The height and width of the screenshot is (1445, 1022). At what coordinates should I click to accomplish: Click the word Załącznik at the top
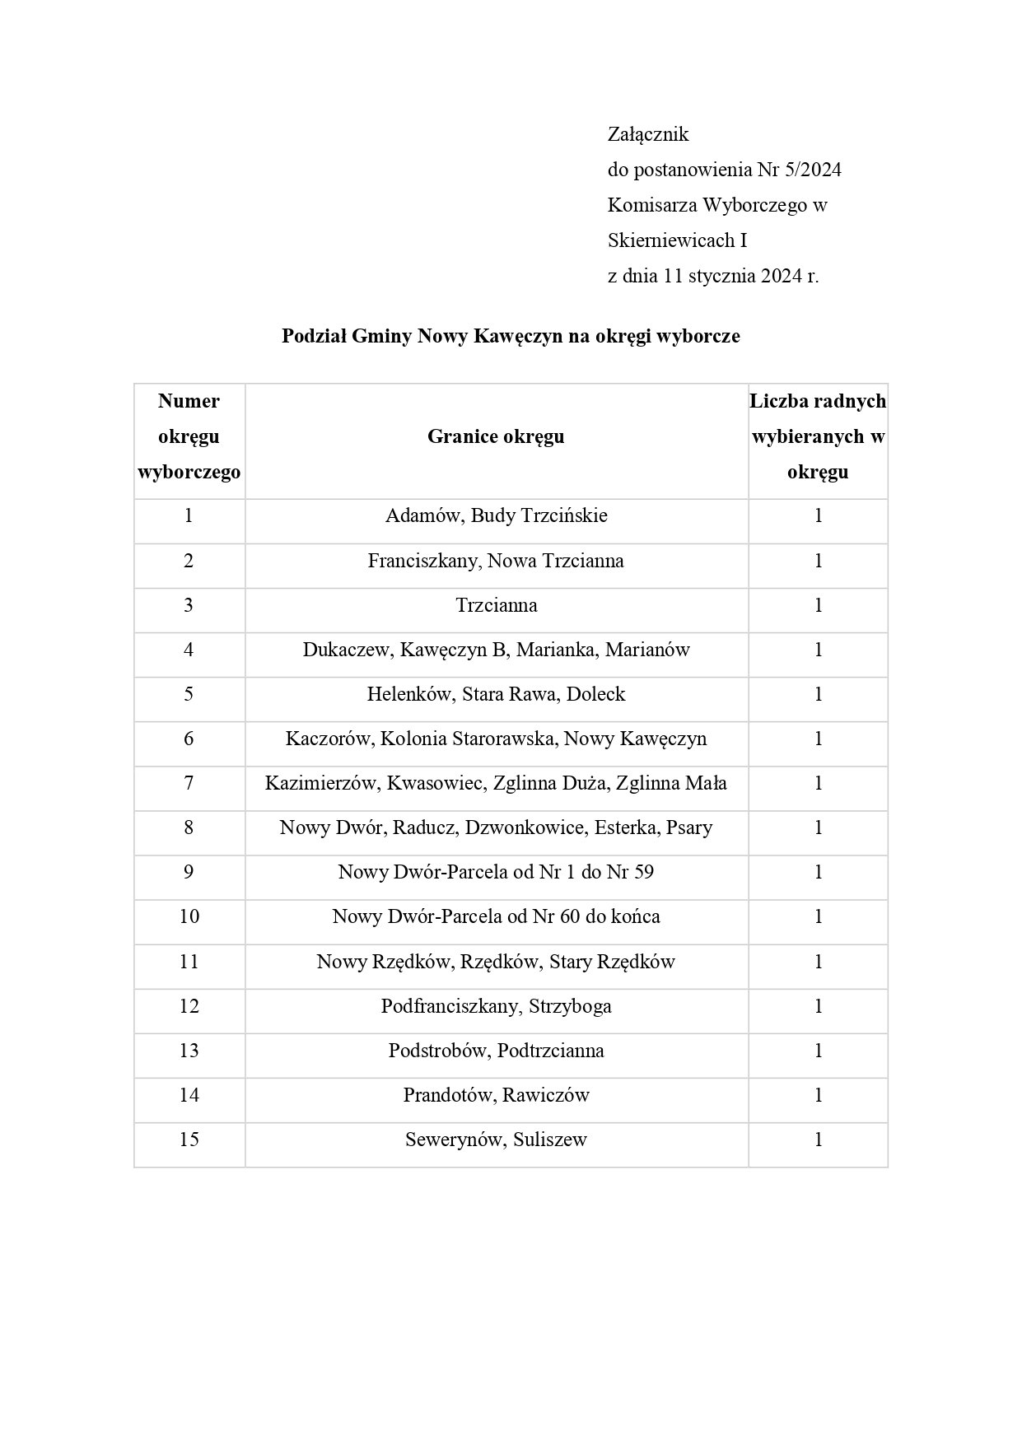(x=647, y=134)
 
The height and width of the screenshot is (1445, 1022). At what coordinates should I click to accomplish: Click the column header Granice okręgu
(x=496, y=436)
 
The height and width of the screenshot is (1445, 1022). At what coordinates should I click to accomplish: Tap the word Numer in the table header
(x=189, y=401)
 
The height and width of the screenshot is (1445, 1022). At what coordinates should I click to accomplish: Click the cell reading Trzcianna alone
(x=496, y=605)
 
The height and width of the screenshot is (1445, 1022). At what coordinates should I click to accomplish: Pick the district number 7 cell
(x=189, y=783)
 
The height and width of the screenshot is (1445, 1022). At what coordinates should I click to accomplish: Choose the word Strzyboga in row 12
(x=570, y=1006)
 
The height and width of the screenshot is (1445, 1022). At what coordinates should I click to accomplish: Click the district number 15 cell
(x=189, y=1140)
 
